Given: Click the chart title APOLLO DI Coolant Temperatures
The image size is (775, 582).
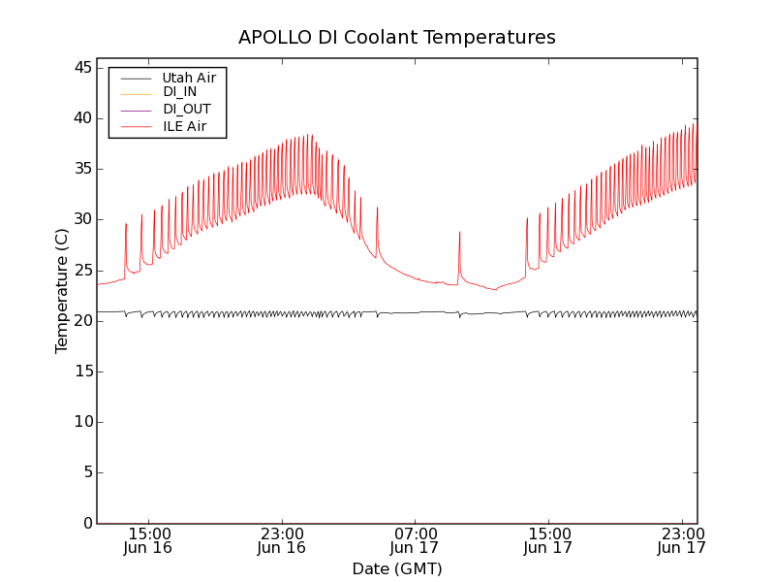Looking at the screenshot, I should coord(397,38).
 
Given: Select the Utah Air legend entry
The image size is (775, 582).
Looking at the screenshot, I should coord(189,77).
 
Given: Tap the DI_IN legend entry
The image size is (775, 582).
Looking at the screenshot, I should coord(179,92).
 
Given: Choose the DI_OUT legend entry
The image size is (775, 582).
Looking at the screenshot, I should coord(186,110).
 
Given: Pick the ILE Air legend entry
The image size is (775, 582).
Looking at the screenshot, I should coord(184,126).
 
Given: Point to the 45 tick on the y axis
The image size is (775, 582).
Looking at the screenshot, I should coord(80,68).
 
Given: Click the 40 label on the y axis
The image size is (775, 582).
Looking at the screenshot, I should coord(80,118).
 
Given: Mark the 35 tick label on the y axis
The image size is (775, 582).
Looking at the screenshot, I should coord(80,169).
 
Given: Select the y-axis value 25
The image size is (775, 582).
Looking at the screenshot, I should coord(80,270).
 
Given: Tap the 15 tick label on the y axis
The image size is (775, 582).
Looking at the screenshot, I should coord(80,372).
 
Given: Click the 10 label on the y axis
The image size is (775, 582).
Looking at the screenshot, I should coord(80,422).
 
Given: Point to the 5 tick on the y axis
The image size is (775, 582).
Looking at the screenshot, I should coord(85,472).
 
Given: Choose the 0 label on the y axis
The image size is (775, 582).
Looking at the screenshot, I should coord(85,524).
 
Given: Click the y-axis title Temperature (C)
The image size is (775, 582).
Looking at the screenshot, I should coord(62,291).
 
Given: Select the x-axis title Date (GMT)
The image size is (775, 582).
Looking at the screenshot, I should coord(397,569).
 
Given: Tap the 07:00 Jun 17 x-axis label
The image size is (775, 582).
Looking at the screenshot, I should coord(415,540).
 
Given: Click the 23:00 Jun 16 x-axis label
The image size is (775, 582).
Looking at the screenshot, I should coord(281,540).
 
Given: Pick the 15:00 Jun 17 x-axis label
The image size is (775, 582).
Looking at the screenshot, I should coord(548,540).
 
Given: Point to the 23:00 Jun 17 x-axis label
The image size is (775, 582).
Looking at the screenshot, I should coord(681,540).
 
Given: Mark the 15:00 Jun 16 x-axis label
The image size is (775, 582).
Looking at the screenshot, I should coord(148,540).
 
